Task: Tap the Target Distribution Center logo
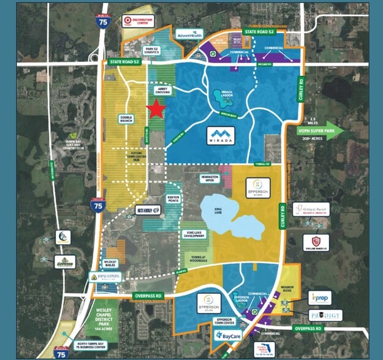138,21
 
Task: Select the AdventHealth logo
190,35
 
